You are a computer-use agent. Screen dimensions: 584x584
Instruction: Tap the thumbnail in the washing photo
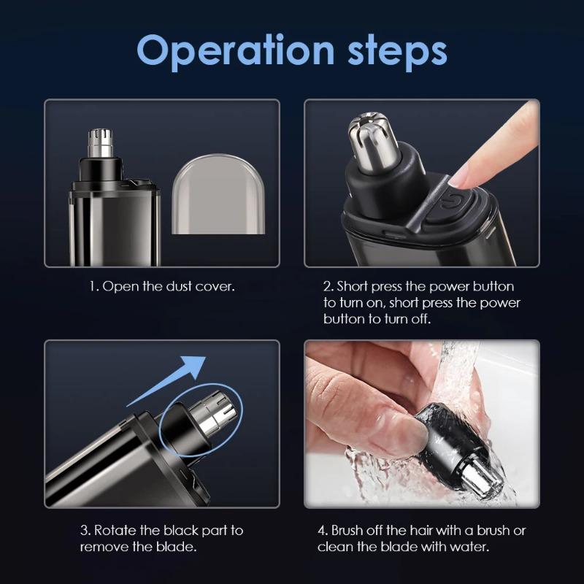click(x=408, y=434)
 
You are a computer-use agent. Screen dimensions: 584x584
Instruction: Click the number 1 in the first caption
click(x=93, y=286)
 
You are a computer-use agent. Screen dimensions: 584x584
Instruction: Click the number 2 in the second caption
click(x=327, y=286)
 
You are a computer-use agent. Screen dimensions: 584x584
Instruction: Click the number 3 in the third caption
click(x=84, y=530)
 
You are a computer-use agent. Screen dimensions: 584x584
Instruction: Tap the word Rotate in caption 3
click(x=117, y=530)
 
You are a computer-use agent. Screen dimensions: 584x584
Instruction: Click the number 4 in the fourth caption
click(x=322, y=530)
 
